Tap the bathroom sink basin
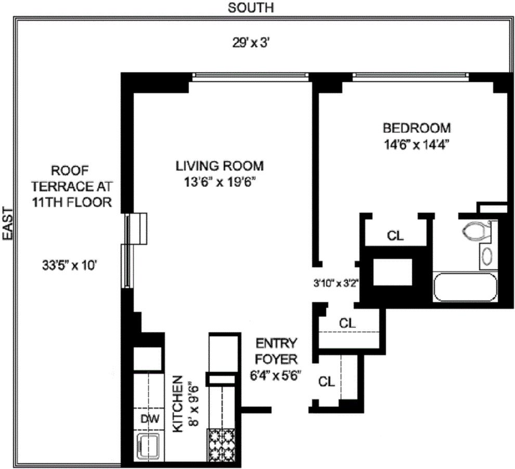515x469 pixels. pyautogui.click(x=487, y=256)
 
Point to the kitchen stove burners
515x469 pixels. pyautogui.click(x=222, y=445)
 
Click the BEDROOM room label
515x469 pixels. pyautogui.click(x=417, y=128)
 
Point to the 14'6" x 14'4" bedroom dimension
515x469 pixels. pyautogui.click(x=417, y=144)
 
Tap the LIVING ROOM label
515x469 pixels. pyautogui.click(x=219, y=166)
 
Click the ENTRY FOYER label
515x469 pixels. pyautogui.click(x=276, y=351)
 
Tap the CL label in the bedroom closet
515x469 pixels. pyautogui.click(x=395, y=236)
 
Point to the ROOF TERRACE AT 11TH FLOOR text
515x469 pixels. pyautogui.click(x=70, y=186)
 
